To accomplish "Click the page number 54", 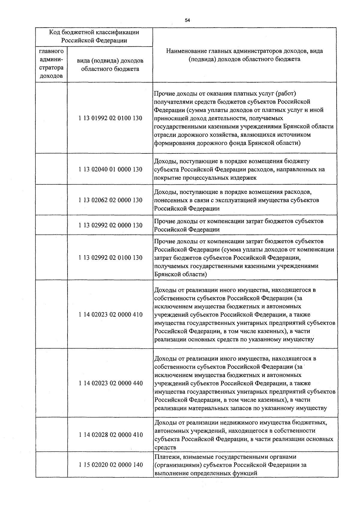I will coord(187,20).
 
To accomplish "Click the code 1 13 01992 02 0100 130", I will coord(110,118).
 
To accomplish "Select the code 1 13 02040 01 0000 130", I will coord(110,170).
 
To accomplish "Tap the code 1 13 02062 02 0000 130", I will coord(110,200).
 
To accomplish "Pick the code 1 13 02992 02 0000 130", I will coord(110,225).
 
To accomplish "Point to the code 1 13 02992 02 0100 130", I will coord(110,258).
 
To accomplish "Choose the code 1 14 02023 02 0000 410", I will coord(110,315).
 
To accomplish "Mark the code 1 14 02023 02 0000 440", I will coord(110,383).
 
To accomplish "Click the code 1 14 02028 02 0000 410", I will coord(110,435).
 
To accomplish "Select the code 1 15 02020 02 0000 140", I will coord(110,465).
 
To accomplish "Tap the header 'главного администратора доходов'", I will coord(51,64).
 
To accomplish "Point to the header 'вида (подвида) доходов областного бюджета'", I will coord(110,65).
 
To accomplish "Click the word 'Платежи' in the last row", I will coord(164,457).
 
